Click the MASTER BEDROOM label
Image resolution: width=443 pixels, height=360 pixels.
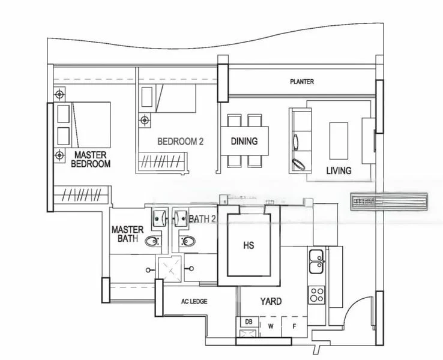click(x=91, y=159)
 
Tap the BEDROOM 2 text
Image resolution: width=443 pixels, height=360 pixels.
click(x=181, y=142)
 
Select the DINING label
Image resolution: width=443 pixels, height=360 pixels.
click(x=244, y=142)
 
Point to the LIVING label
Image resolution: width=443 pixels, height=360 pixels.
click(x=339, y=170)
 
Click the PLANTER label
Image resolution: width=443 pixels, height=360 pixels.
click(x=301, y=82)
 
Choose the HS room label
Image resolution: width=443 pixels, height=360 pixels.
click(x=249, y=245)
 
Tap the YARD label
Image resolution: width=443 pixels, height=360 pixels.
click(x=271, y=302)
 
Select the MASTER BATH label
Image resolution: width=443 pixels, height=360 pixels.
click(x=127, y=234)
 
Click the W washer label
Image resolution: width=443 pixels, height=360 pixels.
click(x=271, y=326)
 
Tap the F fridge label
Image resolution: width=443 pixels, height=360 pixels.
click(x=294, y=326)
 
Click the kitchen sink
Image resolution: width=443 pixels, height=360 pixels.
click(x=316, y=260)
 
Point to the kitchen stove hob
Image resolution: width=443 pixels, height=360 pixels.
click(x=316, y=293)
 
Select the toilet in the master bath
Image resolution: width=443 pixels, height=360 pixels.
click(x=152, y=241)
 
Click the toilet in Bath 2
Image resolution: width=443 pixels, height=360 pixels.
click(x=187, y=241)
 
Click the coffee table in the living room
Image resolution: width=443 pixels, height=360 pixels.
click(x=339, y=140)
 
